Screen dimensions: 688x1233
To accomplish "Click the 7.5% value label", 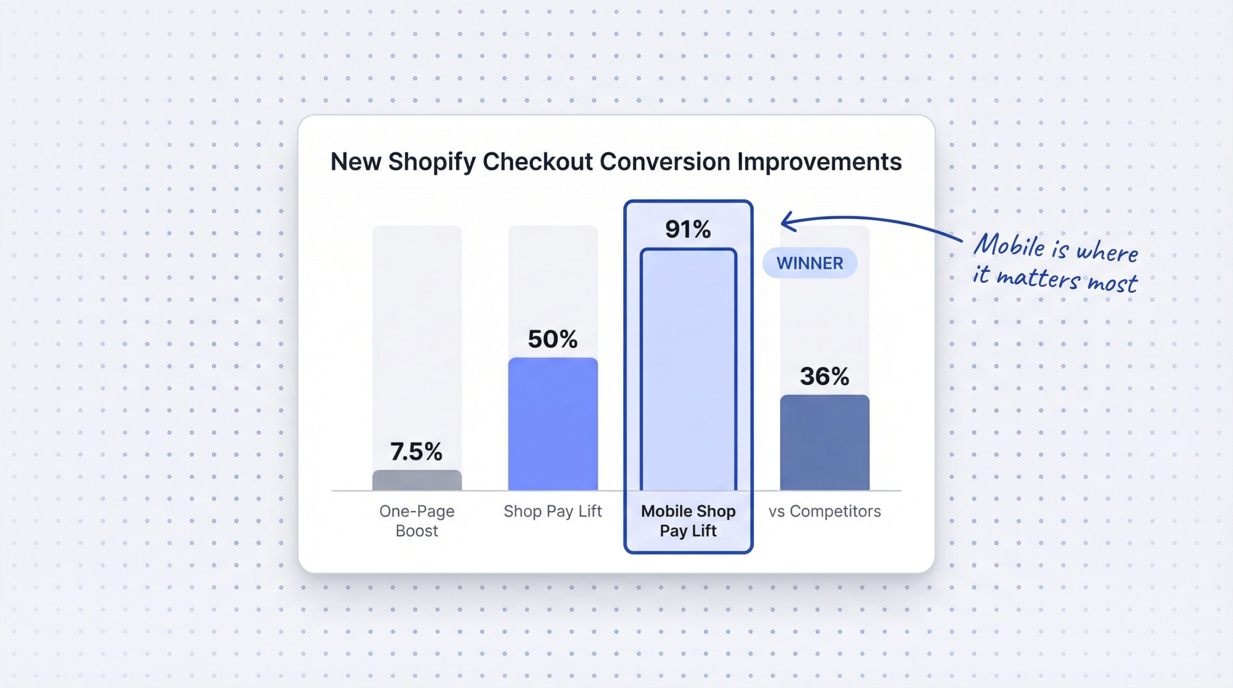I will tap(416, 452).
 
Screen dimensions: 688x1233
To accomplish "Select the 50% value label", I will tap(552, 339).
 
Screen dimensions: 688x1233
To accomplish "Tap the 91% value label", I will tap(688, 229).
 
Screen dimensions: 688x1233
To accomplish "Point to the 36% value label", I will tap(824, 376).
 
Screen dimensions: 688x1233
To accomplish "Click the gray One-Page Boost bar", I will tap(417, 480).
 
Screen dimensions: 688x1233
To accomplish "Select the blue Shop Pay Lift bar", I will tap(552, 424).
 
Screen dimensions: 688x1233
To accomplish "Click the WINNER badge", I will tap(810, 263).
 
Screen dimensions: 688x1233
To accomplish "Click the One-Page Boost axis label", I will tap(417, 520).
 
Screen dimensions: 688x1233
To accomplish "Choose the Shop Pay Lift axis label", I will tap(552, 511).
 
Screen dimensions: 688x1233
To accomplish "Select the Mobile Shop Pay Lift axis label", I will tap(688, 520).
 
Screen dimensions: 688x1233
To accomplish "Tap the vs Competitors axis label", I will tap(824, 511).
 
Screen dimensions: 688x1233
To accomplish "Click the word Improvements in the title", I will tap(819, 162).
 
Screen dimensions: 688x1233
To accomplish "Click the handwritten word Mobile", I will tap(1009, 246).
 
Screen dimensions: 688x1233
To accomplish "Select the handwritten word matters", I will tap(1037, 278).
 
